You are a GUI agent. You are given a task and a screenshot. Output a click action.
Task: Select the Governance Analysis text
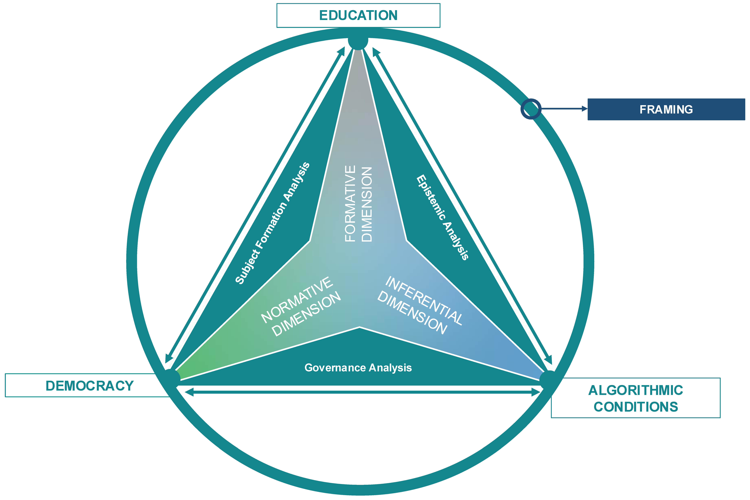pyautogui.click(x=358, y=368)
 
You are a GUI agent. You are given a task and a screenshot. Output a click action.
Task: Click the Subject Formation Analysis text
pyautogui.click(x=273, y=223)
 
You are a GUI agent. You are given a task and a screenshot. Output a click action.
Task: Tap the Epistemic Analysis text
pyautogui.click(x=442, y=218)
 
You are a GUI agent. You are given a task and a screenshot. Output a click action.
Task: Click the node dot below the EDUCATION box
pyautogui.click(x=358, y=40)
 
